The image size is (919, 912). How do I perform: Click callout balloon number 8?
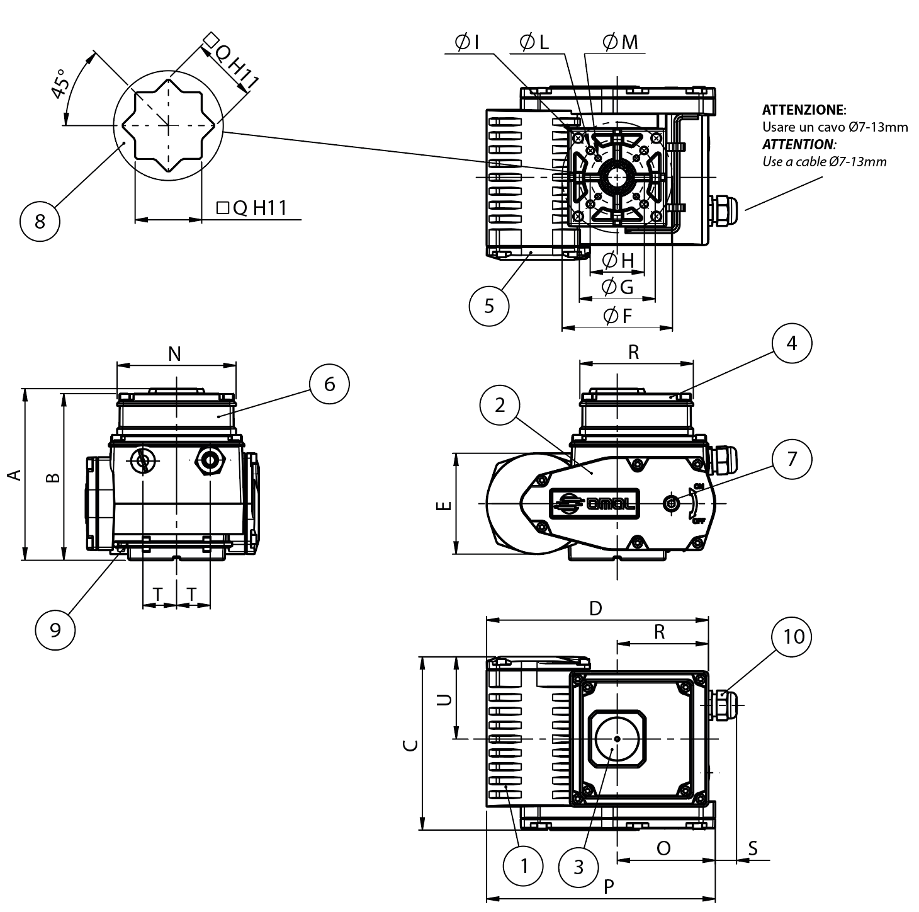pos(40,221)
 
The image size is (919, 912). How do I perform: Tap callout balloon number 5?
pos(489,305)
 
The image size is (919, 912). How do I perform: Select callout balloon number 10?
pos(792,637)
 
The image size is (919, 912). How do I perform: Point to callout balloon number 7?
pos(792,459)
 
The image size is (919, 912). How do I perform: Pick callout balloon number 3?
pos(579,867)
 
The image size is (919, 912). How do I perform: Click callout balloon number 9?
pos(55,629)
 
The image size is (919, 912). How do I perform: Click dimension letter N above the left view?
pos(175,354)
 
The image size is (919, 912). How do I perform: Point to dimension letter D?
pos(595,608)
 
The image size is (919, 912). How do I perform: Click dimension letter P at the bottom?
pos(609,887)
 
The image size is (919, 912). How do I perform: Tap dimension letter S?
pos(753,848)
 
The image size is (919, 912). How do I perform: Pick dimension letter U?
pos(444,700)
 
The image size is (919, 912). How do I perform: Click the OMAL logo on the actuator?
pos(595,503)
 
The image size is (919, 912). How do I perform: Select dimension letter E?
pos(444,504)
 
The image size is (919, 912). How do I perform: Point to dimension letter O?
pos(663,848)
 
